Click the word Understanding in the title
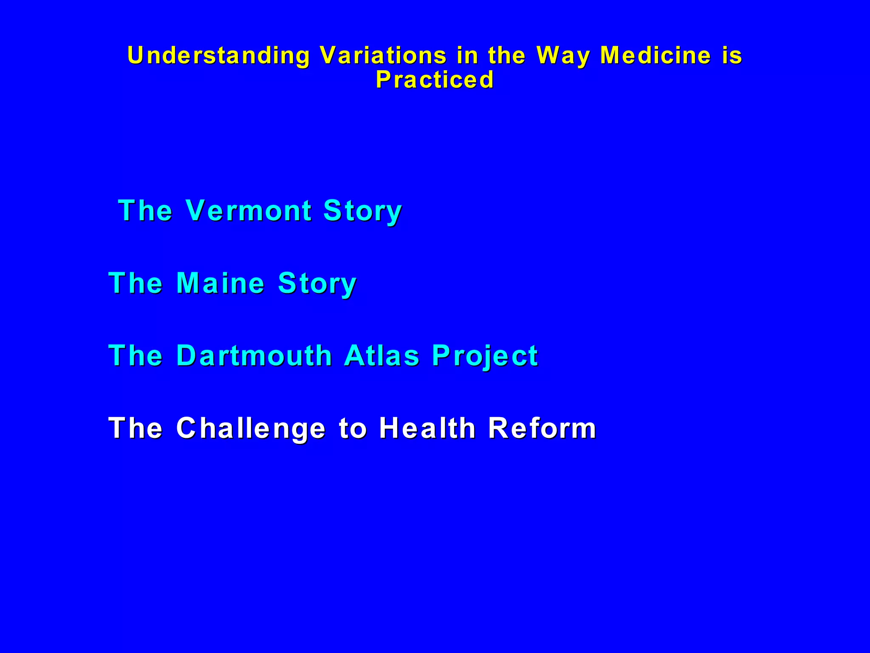[219, 56]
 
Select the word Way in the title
[563, 56]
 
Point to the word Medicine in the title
[655, 55]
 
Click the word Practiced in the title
[435, 79]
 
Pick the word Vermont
[249, 210]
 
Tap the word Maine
[220, 283]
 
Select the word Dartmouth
[254, 355]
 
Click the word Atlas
[382, 355]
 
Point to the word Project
[485, 356]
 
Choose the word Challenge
[251, 429]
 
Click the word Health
[427, 428]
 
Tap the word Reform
[542, 428]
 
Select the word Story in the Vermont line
[362, 211]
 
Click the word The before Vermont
[145, 210]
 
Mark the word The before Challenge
[136, 428]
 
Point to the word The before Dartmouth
[136, 355]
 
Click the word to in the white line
[353, 428]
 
